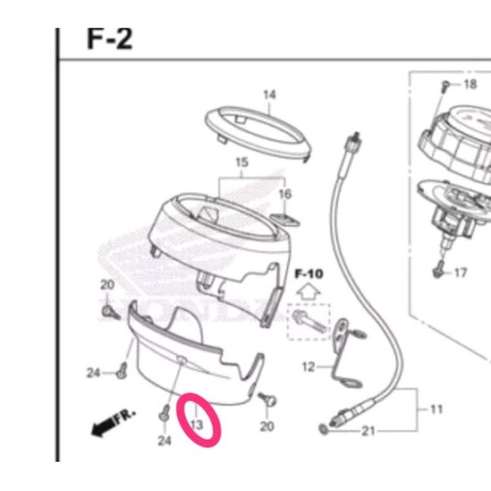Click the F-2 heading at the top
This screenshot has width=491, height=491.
[110, 39]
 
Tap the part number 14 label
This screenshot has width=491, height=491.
[269, 95]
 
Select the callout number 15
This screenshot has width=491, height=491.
[241, 162]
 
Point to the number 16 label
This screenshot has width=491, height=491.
[285, 194]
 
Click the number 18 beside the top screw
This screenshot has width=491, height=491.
[470, 85]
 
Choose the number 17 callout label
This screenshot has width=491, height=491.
[461, 273]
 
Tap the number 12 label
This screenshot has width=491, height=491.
[308, 367]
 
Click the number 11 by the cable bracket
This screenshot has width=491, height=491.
[436, 409]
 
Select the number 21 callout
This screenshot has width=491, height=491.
[368, 431]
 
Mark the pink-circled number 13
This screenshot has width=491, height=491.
[197, 425]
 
